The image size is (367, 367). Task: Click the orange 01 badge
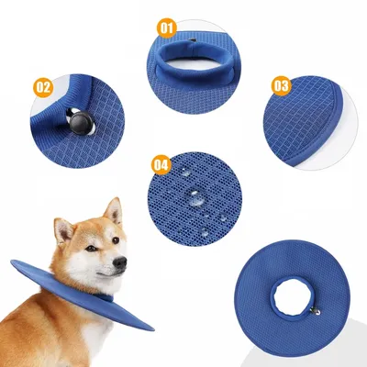pyautogui.click(x=166, y=27)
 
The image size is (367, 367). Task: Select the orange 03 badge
pyautogui.click(x=282, y=85)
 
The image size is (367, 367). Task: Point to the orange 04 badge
pyautogui.click(x=161, y=165)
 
